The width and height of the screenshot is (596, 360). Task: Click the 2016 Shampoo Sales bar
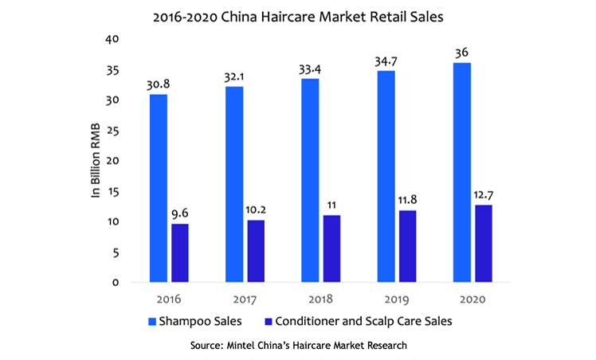pos(159,188)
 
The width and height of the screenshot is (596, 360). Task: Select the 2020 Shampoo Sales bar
pos(461,172)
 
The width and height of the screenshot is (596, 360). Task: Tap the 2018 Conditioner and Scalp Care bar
pos(331,248)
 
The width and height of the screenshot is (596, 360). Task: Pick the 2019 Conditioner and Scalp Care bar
pos(407,246)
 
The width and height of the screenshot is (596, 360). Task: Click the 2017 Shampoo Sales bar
pos(234,184)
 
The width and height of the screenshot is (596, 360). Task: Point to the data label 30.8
pos(157,84)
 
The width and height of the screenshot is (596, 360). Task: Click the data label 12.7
pos(482,194)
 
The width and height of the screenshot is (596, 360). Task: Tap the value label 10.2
pos(255,209)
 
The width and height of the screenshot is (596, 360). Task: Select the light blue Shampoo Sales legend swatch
pos(153,322)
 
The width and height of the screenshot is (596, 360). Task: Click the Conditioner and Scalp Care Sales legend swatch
pos(269,322)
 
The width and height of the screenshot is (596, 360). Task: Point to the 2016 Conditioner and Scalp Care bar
pos(179,252)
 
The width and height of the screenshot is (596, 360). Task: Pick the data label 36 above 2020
pos(461,53)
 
